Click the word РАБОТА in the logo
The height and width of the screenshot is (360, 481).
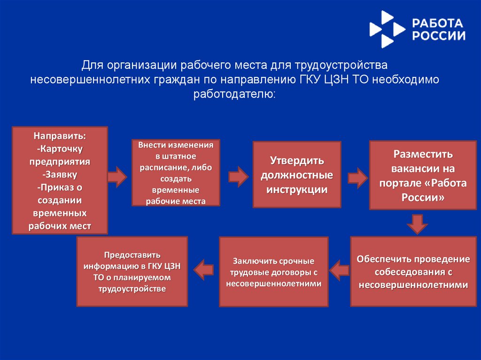(x=438, y=23)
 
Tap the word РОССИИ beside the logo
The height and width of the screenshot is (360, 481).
(x=439, y=36)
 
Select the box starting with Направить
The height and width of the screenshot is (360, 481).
(x=60, y=180)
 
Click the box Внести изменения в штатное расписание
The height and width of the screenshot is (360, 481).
(x=176, y=173)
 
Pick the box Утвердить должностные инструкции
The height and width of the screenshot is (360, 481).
(x=297, y=175)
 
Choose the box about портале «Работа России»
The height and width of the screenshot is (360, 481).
(x=423, y=175)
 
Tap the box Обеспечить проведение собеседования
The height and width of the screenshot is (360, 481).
(x=413, y=272)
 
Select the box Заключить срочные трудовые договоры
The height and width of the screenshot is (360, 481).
(x=273, y=272)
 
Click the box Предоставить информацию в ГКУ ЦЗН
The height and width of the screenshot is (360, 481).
(x=132, y=272)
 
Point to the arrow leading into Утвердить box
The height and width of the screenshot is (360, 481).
(x=238, y=176)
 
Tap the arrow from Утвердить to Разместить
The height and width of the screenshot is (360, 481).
(x=357, y=177)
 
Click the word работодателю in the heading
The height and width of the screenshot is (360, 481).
(x=234, y=94)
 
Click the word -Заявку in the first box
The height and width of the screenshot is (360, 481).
(x=60, y=175)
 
